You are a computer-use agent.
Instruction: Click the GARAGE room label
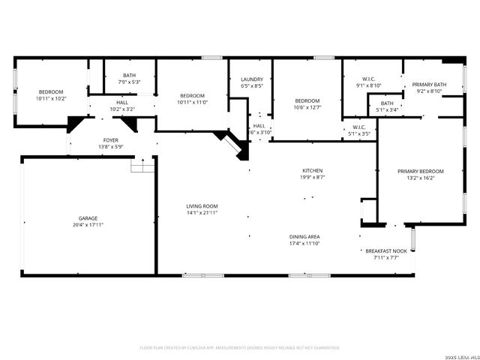tap(88, 217)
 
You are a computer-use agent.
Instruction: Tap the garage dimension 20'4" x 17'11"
tap(88, 224)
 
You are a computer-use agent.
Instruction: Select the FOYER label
tap(110, 140)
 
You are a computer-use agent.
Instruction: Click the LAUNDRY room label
tap(251, 79)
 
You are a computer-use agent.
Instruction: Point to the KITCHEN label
tap(312, 171)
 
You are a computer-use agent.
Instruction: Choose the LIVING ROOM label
tap(202, 206)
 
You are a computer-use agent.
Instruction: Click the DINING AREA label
tap(305, 237)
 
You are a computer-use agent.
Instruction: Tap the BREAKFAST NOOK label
tap(386, 251)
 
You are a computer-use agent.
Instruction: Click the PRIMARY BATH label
tap(429, 85)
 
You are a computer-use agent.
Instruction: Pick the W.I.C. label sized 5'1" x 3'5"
tap(358, 127)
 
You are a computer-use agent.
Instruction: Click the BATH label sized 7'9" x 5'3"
tap(130, 75)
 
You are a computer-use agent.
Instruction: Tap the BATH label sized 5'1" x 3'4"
tap(387, 103)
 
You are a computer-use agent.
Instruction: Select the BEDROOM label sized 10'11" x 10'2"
tap(51, 91)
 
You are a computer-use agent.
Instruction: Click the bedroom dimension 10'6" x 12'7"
tap(307, 107)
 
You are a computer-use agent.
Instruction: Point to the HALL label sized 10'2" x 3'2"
tap(122, 103)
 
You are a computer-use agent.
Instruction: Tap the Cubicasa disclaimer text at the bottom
tap(240, 347)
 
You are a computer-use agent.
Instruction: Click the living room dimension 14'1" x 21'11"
tap(202, 213)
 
